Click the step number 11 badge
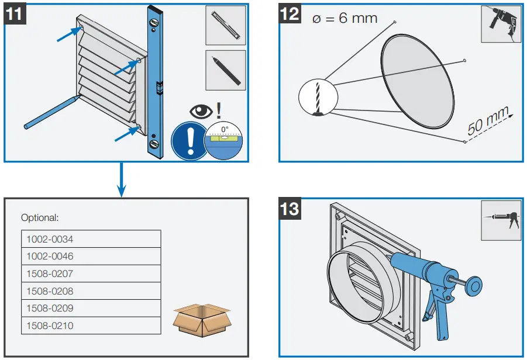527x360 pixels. (x=15, y=14)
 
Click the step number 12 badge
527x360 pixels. (x=290, y=14)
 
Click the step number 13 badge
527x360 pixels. (x=290, y=209)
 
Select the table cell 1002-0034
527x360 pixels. (x=91, y=239)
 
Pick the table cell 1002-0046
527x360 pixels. (x=91, y=256)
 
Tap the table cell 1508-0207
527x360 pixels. (x=91, y=274)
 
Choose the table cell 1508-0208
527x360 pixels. (x=91, y=291)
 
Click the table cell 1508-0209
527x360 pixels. (x=91, y=308)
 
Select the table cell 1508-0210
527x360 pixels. (x=91, y=326)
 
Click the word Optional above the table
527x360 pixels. (x=40, y=218)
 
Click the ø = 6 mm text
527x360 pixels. (x=345, y=18)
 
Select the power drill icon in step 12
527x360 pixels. (x=501, y=24)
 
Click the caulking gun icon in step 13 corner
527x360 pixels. (x=501, y=220)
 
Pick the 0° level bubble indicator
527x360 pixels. (x=224, y=138)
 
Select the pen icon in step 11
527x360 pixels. (x=225, y=69)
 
